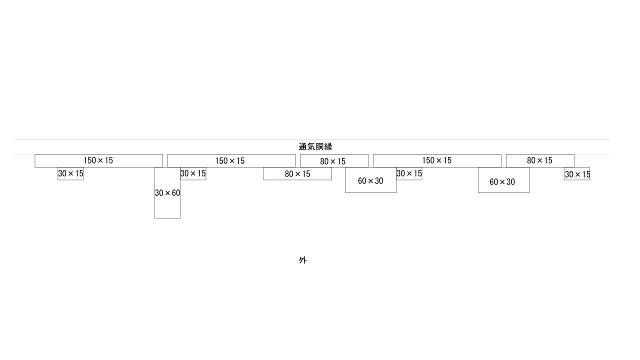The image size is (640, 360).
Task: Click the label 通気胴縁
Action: (x=315, y=147)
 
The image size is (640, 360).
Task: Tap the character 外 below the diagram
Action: (x=303, y=260)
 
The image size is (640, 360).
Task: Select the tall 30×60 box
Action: (x=167, y=192)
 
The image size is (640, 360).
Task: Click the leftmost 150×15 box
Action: (x=98, y=160)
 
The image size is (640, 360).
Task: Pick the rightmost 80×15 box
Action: (x=540, y=160)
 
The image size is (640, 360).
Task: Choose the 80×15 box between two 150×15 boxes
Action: (x=334, y=160)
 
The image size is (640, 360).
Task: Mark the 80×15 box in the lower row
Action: (x=297, y=173)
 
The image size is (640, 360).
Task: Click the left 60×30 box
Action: (x=370, y=180)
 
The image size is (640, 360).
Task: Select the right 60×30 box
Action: (x=503, y=180)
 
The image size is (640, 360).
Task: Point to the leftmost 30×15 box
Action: (x=70, y=173)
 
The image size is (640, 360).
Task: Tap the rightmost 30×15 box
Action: (x=577, y=173)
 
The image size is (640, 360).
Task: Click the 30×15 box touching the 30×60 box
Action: (x=193, y=173)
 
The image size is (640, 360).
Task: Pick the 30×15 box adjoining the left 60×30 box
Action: (x=409, y=173)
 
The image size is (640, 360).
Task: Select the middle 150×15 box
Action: (x=231, y=160)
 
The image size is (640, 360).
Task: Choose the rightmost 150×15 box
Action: (x=437, y=160)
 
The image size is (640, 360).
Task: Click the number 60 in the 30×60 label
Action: (x=176, y=193)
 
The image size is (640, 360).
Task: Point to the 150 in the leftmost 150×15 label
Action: (x=89, y=160)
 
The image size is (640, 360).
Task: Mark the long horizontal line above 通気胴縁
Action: (x=312, y=139)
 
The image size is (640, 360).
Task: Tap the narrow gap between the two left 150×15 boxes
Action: (x=165, y=160)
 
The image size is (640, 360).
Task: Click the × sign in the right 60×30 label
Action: (x=502, y=182)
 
